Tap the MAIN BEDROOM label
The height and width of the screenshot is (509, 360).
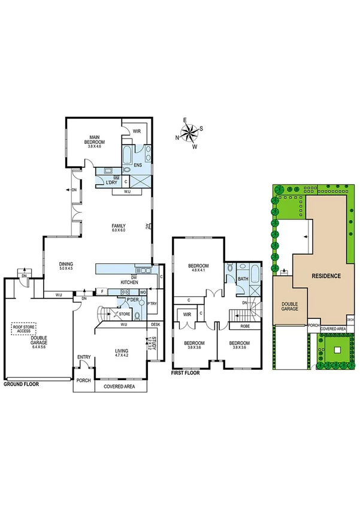coord(95,139)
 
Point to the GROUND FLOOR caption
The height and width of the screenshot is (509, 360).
coord(21,383)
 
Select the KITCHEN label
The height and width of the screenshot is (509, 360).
coord(130,282)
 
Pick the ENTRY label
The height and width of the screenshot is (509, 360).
coord(84,358)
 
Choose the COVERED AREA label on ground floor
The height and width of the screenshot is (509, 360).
coord(120,387)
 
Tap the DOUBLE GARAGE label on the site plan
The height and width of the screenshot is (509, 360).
coord(290,307)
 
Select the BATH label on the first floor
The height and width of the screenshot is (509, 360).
coord(243,279)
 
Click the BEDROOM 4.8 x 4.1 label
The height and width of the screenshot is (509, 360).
coord(198,268)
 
